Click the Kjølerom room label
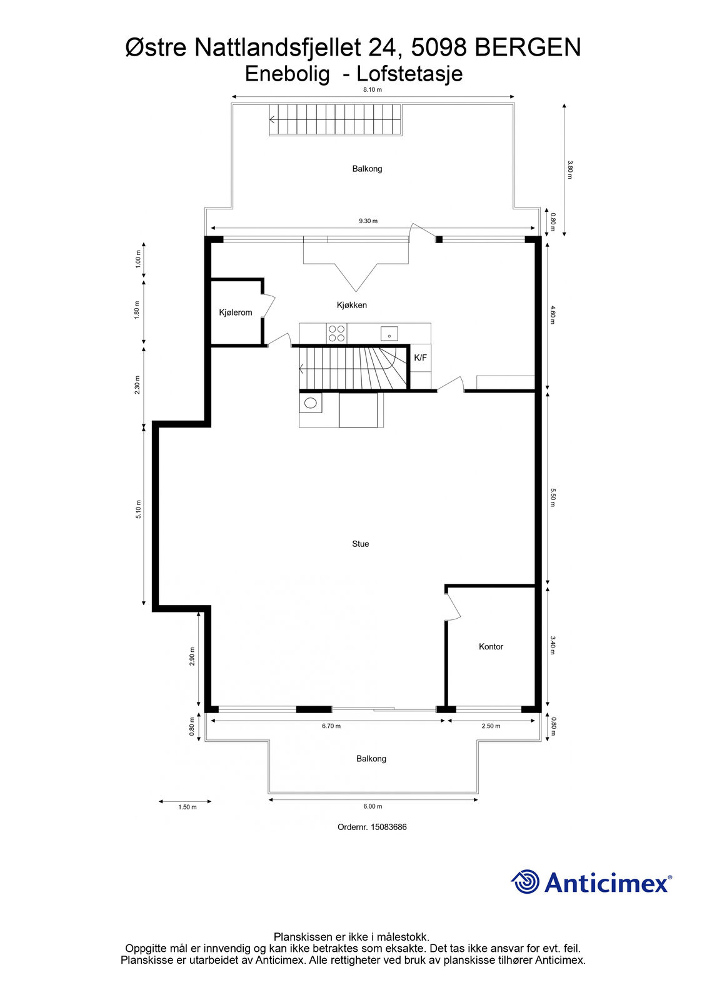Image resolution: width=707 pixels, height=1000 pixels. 236,312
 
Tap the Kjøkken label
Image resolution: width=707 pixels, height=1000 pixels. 352,306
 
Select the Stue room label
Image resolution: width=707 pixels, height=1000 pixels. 361,544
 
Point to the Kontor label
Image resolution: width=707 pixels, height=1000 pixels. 491,646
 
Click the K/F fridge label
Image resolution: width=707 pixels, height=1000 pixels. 420,357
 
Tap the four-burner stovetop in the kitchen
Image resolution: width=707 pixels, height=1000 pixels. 337,334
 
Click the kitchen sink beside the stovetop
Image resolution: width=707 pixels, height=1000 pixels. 389,334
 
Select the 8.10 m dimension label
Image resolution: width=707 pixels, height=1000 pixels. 373,90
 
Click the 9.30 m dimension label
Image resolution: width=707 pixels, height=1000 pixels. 368,221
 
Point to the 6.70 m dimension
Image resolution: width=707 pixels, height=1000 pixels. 331,726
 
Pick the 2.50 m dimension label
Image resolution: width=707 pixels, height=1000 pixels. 491,726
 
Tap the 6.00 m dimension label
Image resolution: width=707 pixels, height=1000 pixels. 373,806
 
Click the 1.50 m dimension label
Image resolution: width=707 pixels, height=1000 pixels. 187,807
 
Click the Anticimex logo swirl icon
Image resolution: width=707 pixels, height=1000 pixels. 525,881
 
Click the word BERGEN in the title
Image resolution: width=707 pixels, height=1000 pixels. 528,47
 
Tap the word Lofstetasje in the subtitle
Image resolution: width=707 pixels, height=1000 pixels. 409,74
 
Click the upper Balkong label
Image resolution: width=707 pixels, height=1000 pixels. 367,169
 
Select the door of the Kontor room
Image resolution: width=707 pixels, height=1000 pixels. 453,607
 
